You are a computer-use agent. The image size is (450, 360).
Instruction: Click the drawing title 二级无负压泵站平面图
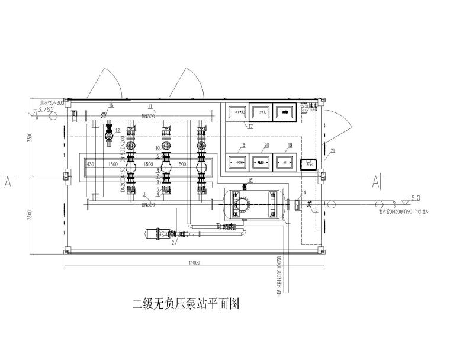pyautogui.click(x=185, y=304)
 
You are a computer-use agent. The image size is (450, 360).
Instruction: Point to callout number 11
pyautogui.click(x=150, y=107)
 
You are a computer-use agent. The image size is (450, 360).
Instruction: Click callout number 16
pyautogui.click(x=111, y=105)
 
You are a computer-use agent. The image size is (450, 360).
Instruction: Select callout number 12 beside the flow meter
pyautogui.click(x=117, y=130)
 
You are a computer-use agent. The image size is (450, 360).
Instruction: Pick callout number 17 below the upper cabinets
pyautogui.click(x=250, y=126)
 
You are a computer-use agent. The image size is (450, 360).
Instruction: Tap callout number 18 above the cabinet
pyautogui.click(x=242, y=145)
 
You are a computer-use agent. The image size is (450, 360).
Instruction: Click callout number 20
pyautogui.click(x=266, y=145)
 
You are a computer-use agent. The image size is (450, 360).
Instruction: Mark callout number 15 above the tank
pyautogui.click(x=250, y=180)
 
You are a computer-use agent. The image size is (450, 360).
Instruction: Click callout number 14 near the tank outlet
pyautogui.click(x=304, y=192)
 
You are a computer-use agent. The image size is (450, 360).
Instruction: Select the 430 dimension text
pyautogui.click(x=91, y=164)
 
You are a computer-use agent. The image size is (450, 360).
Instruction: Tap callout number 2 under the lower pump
pyautogui.click(x=173, y=243)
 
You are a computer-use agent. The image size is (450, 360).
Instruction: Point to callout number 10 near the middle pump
pyautogui.click(x=157, y=148)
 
